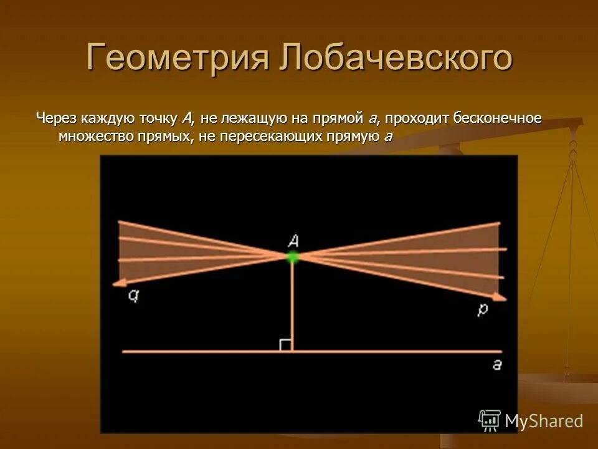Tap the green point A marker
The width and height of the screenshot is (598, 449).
point(292,256)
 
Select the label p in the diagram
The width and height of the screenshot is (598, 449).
point(483,310)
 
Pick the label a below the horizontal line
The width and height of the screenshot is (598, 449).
point(496,365)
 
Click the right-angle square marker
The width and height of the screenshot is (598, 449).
point(285,345)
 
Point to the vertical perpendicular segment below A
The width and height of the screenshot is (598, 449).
point(292,306)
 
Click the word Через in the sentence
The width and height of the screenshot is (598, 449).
point(55,118)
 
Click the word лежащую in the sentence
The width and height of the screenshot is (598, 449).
point(252,118)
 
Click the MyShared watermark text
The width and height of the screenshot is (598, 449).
point(544,421)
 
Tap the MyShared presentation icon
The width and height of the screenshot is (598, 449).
point(489,421)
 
